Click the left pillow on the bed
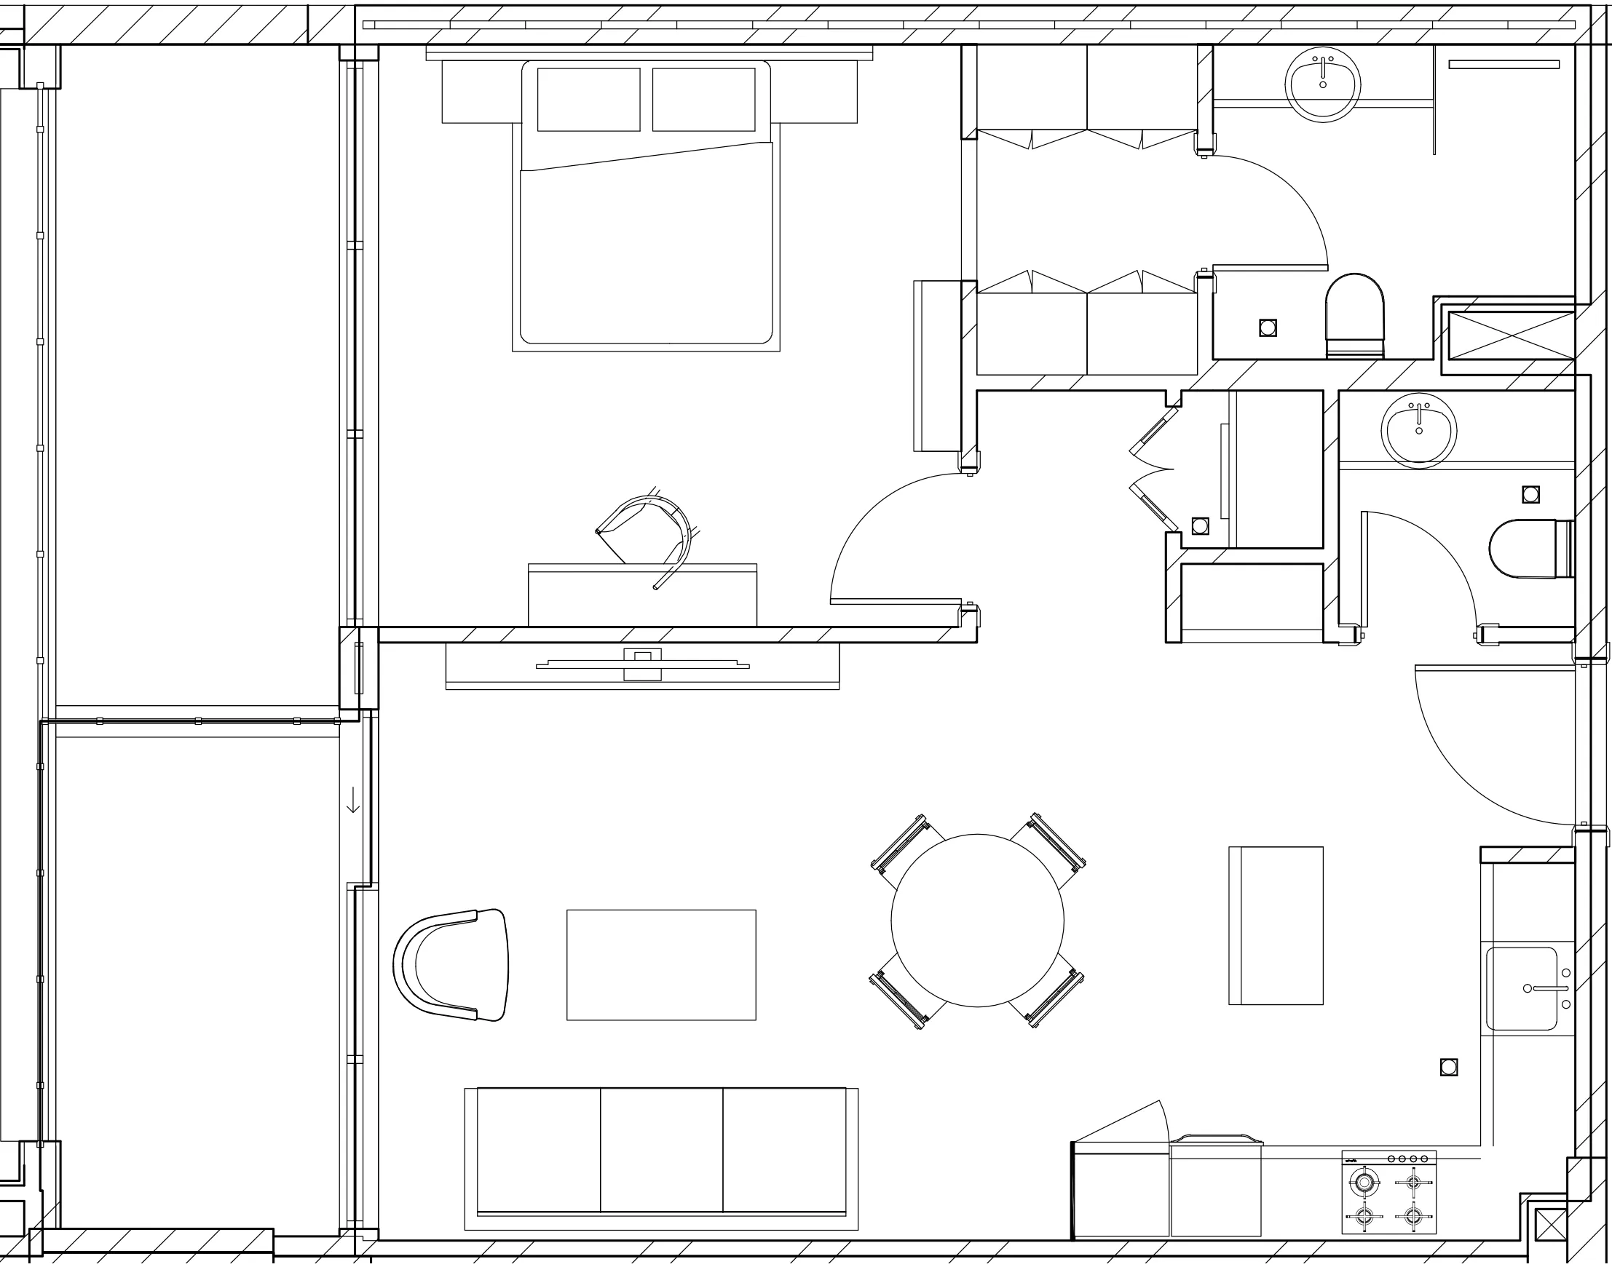[x=588, y=99]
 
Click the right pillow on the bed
[x=703, y=99]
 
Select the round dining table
[x=977, y=921]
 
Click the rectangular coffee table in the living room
[x=661, y=964]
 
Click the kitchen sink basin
[x=1521, y=989]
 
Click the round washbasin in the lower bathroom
[x=1418, y=432]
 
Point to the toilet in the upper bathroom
[x=1354, y=314]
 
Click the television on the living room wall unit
[x=642, y=664]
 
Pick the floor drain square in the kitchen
[x=1448, y=1068]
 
